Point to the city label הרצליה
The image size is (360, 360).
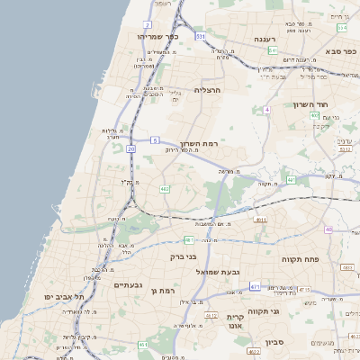click(207, 90)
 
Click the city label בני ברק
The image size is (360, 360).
click(183, 256)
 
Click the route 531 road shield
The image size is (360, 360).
click(200, 36)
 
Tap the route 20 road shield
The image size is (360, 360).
click(131, 148)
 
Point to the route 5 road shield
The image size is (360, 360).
click(155, 140)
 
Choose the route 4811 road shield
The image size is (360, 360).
click(260, 219)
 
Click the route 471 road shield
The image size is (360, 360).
click(255, 286)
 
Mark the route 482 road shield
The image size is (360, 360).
click(165, 189)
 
